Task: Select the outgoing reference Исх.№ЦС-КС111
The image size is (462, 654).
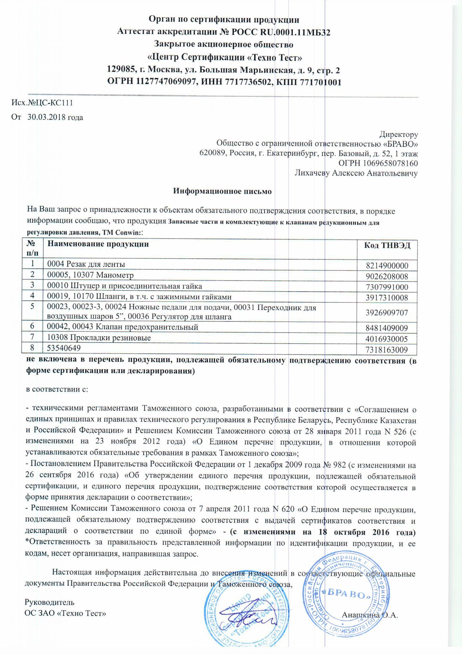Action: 42,103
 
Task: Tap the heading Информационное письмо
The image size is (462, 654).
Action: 222,191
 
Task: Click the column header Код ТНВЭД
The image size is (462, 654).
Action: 387,245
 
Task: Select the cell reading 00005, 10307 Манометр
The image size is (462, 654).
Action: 90,275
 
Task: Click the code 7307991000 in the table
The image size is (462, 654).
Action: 387,287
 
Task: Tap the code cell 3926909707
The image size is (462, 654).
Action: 387,313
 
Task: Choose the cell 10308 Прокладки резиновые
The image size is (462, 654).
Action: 99,338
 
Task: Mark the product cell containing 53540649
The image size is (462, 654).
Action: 64,348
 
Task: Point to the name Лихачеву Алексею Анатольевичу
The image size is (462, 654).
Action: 356,173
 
